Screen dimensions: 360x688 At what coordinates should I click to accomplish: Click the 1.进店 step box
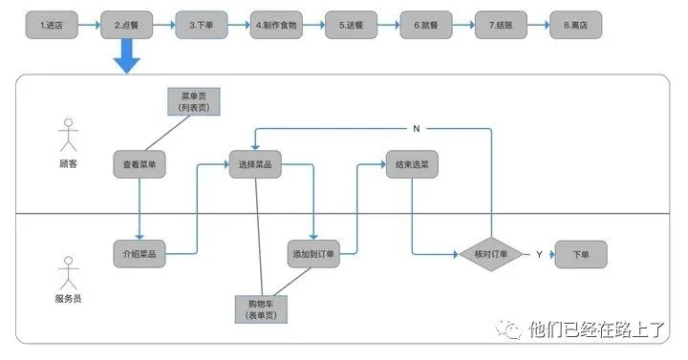(51, 25)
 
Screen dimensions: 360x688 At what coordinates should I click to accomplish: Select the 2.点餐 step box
(126, 25)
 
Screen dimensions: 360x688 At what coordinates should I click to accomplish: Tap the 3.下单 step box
(201, 25)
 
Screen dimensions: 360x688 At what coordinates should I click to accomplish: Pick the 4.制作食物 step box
(276, 25)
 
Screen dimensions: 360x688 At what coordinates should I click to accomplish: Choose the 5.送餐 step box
(351, 25)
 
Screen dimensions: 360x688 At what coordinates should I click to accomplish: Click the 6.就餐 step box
(426, 25)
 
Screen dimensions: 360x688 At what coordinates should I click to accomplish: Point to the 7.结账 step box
(501, 25)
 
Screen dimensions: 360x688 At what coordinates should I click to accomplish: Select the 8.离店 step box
(576, 25)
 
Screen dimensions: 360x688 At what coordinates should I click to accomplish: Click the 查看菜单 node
(140, 164)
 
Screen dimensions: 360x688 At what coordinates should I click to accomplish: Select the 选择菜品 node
(255, 164)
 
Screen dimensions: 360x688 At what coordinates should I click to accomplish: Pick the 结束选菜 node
(412, 164)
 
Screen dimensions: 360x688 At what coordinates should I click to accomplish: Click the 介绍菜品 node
(140, 255)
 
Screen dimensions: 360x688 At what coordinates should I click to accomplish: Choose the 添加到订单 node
(315, 255)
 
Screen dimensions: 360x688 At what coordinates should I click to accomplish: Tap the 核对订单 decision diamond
(490, 255)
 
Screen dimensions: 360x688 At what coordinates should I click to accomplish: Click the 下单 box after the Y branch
(580, 255)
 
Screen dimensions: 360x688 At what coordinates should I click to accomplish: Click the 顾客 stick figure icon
(67, 136)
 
